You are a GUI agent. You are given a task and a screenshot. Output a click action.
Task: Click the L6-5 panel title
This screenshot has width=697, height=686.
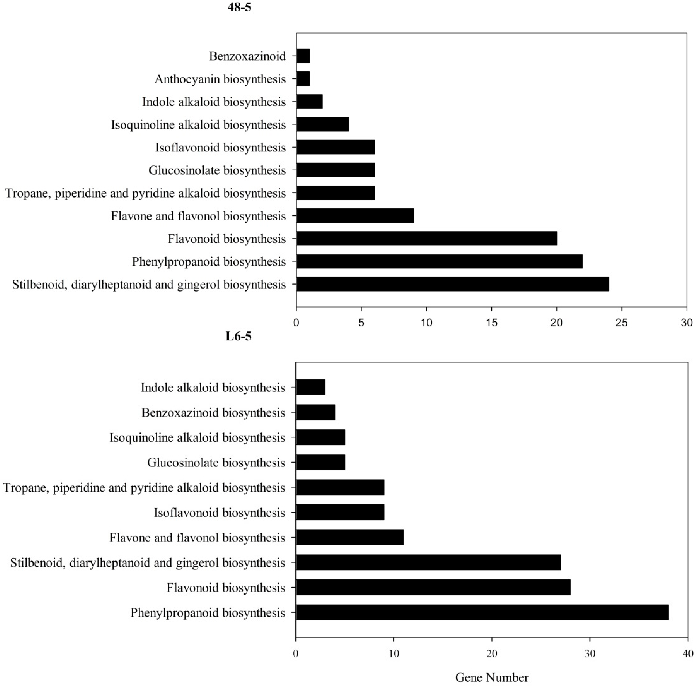pyautogui.click(x=239, y=336)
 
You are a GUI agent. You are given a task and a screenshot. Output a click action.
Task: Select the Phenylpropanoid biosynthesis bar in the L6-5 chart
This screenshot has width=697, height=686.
pyautogui.click(x=482, y=613)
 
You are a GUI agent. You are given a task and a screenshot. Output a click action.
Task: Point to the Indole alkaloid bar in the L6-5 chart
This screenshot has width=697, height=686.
pyautogui.click(x=310, y=387)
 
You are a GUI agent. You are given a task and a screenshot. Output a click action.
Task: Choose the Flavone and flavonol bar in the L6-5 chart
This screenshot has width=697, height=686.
pyautogui.click(x=350, y=538)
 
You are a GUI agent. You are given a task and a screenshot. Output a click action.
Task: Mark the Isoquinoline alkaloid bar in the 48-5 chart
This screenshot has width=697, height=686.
pyautogui.click(x=322, y=125)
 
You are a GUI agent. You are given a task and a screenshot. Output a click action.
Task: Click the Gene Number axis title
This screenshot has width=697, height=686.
pyautogui.click(x=492, y=677)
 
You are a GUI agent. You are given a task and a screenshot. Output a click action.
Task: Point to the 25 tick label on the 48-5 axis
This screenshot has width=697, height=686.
pyautogui.click(x=621, y=322)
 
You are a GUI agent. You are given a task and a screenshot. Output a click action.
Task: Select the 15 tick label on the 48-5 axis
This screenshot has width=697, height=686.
pyautogui.click(x=492, y=322)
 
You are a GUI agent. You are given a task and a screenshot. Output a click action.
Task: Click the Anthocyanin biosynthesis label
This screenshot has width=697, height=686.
pyautogui.click(x=220, y=79)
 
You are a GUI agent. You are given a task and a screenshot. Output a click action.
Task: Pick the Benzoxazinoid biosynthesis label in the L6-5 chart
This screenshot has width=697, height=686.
pyautogui.click(x=213, y=412)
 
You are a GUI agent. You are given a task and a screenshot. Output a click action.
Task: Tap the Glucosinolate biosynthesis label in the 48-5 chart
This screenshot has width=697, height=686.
pyautogui.click(x=217, y=170)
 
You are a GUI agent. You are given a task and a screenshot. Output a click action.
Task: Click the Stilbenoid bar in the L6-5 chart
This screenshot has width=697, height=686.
pyautogui.click(x=428, y=562)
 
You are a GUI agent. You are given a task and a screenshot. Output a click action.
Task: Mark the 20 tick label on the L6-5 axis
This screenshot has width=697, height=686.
pyautogui.click(x=492, y=654)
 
